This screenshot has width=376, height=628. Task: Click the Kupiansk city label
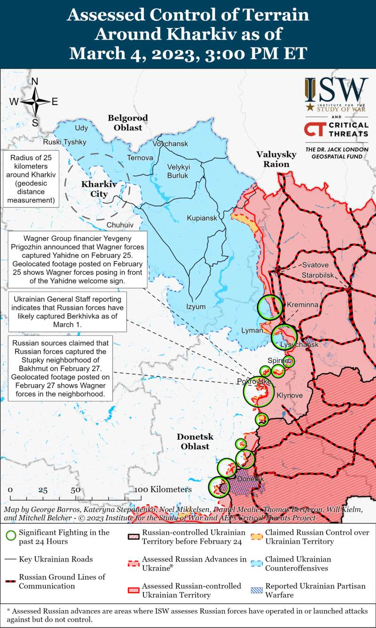coord(202,218)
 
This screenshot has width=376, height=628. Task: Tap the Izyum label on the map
coord(196,307)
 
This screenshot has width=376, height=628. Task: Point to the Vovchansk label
coord(170,143)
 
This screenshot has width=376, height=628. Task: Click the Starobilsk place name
coord(318,274)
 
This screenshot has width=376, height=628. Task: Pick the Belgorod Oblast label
coord(127,123)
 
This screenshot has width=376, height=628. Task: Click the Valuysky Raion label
coord(276,159)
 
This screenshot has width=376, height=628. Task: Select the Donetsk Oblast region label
coord(195,441)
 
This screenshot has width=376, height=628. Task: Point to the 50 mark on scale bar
coord(75,490)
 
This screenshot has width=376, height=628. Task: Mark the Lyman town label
coord(252,330)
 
